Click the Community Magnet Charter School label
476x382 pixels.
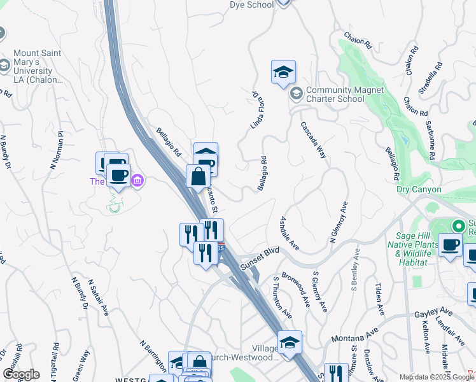[344, 94]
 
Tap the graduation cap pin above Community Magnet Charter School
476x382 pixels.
[283, 73]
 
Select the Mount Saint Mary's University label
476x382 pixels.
[36, 66]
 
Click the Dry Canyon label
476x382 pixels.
[418, 189]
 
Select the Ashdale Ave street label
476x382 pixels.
[290, 232]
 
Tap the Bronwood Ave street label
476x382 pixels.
[296, 290]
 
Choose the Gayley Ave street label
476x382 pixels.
[435, 313]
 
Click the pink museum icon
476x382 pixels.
[137, 181]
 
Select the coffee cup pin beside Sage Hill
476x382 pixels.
[451, 245]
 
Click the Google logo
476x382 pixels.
[21, 374]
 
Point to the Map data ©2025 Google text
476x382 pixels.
[436, 377]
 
